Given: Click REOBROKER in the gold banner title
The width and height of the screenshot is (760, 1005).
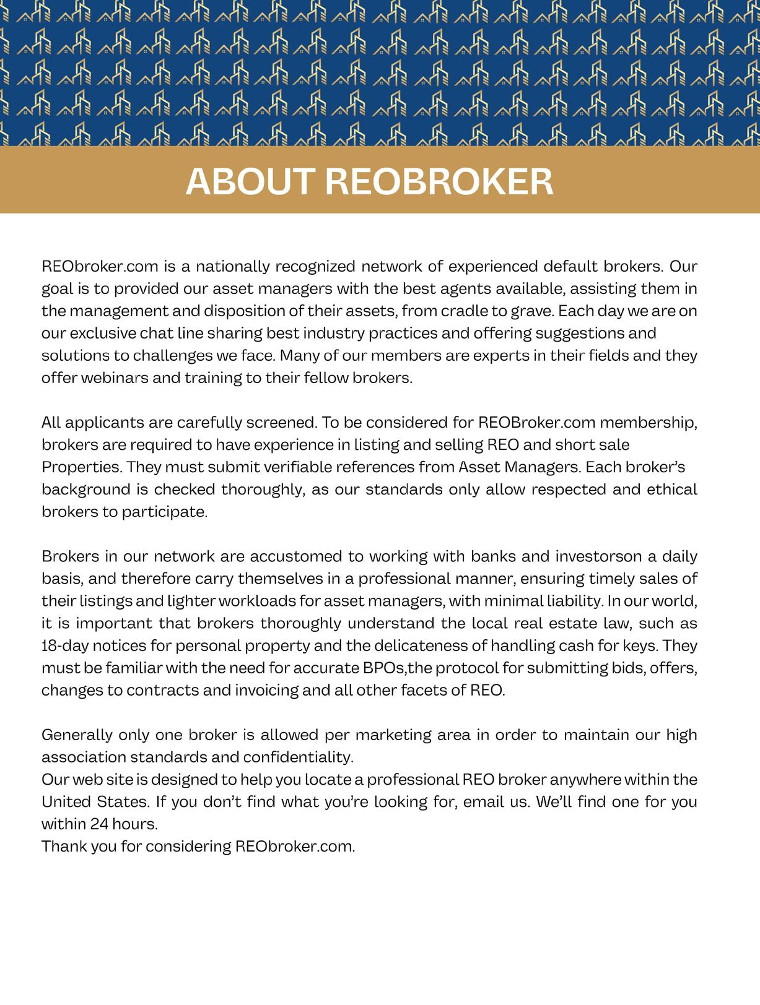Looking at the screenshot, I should point(439,181).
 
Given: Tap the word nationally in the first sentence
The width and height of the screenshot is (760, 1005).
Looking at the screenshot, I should point(234,267).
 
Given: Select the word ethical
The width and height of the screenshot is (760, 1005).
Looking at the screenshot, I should point(672,490).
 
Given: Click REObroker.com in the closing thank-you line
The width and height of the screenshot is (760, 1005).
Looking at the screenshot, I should point(295,846).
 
